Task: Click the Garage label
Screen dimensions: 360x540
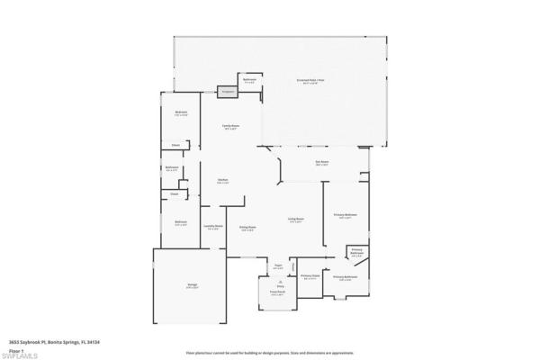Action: (192, 286)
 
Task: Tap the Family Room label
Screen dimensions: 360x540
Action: (230, 127)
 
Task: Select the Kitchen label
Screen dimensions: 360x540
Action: (221, 180)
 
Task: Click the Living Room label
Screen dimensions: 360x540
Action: (295, 219)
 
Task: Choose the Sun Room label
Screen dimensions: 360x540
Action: (321, 163)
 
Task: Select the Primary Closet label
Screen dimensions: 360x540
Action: (310, 277)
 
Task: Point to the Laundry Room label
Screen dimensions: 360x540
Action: (213, 227)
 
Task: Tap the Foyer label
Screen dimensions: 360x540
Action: (279, 266)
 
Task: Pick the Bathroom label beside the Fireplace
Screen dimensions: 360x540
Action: (250, 81)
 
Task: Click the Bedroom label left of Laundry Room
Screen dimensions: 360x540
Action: (180, 223)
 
